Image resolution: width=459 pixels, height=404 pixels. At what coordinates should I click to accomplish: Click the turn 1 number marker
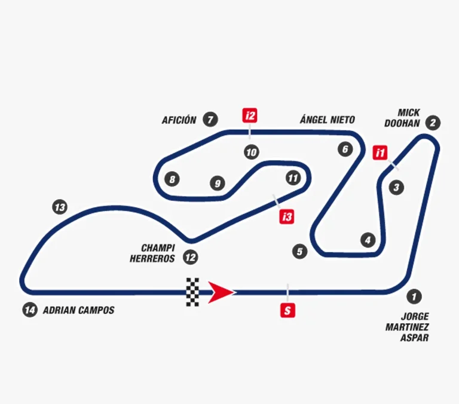[x=414, y=296]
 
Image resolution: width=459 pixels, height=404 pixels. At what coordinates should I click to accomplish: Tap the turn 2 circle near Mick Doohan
[x=433, y=123]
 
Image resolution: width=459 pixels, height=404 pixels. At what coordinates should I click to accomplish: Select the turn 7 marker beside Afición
[x=210, y=120]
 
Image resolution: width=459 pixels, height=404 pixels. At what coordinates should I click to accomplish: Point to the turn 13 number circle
[x=60, y=207]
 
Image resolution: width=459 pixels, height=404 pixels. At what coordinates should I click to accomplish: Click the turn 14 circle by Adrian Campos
[x=30, y=310]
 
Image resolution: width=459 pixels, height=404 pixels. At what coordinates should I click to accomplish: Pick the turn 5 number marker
[x=300, y=252]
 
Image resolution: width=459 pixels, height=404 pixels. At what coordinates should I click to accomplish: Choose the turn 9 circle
[x=218, y=183]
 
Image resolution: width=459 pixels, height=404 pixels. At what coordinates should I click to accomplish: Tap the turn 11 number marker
[x=293, y=178]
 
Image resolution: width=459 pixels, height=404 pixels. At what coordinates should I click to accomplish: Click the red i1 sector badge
[x=380, y=152]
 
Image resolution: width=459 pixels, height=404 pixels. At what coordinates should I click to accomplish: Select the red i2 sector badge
[x=250, y=115]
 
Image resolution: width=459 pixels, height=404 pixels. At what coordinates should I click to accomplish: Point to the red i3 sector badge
[x=287, y=216]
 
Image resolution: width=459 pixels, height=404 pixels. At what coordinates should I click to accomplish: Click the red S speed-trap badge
[x=287, y=310]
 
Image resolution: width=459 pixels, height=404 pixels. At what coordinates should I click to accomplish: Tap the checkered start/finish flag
[x=192, y=292]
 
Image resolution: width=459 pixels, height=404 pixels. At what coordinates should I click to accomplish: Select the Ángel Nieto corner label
[x=328, y=119]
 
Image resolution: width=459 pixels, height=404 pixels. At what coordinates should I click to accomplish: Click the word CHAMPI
[x=158, y=248]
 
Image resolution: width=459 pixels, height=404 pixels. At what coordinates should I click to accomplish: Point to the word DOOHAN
[x=402, y=124]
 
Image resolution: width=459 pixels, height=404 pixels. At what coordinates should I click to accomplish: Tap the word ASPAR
[x=415, y=338]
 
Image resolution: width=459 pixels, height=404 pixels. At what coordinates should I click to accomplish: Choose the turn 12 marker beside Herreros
[x=190, y=258]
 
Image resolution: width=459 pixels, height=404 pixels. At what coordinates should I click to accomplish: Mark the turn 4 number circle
[x=368, y=240]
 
